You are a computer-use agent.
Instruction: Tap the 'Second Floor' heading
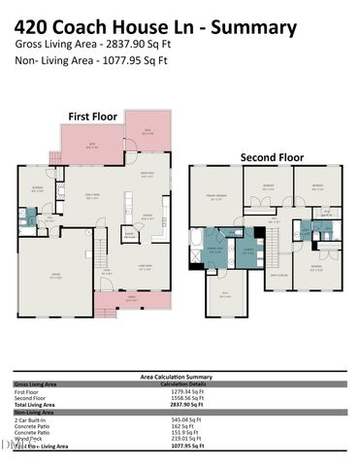coord(271,155)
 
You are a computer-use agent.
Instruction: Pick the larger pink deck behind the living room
coord(93,146)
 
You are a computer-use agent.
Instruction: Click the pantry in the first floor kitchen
coord(129,234)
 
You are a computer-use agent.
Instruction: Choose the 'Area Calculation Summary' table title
coord(180,375)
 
